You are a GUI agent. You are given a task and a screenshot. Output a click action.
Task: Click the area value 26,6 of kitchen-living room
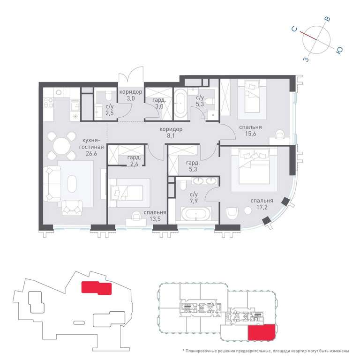[x=91, y=154]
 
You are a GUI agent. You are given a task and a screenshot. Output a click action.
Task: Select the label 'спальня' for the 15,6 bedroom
[x=250, y=127]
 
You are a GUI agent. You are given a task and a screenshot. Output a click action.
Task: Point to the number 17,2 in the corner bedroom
[x=262, y=207]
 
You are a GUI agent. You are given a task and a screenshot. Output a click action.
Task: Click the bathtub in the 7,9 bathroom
[x=196, y=214]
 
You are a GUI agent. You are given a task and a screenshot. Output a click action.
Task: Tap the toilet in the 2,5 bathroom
[x=108, y=95]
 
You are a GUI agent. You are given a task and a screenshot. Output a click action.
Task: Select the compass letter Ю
[x=339, y=51]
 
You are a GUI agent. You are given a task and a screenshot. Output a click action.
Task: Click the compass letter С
[x=294, y=29]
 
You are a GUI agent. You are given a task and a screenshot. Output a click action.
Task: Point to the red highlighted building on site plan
[x=97, y=288]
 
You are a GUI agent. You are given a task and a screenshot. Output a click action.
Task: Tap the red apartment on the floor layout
[x=261, y=332]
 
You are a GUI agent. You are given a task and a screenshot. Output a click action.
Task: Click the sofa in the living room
[x=52, y=184]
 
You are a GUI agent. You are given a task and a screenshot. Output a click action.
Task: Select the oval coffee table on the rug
[x=72, y=184]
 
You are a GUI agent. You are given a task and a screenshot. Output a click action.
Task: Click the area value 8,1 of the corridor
[x=171, y=135]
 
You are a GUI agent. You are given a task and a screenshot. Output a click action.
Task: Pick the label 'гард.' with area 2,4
[x=134, y=157]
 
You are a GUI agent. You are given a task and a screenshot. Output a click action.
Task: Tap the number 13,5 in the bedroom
[x=155, y=219]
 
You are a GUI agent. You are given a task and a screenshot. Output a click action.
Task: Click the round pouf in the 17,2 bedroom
[x=248, y=210]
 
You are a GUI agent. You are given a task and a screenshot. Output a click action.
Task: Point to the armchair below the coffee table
[x=72, y=208]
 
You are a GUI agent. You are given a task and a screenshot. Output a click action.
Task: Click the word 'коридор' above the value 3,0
[x=131, y=92]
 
